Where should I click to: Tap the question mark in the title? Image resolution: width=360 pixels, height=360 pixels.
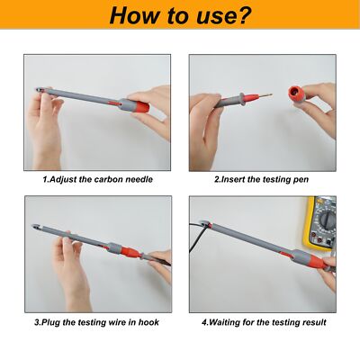tap(244, 16)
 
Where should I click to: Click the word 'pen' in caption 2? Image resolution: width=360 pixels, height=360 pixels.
tap(301, 180)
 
